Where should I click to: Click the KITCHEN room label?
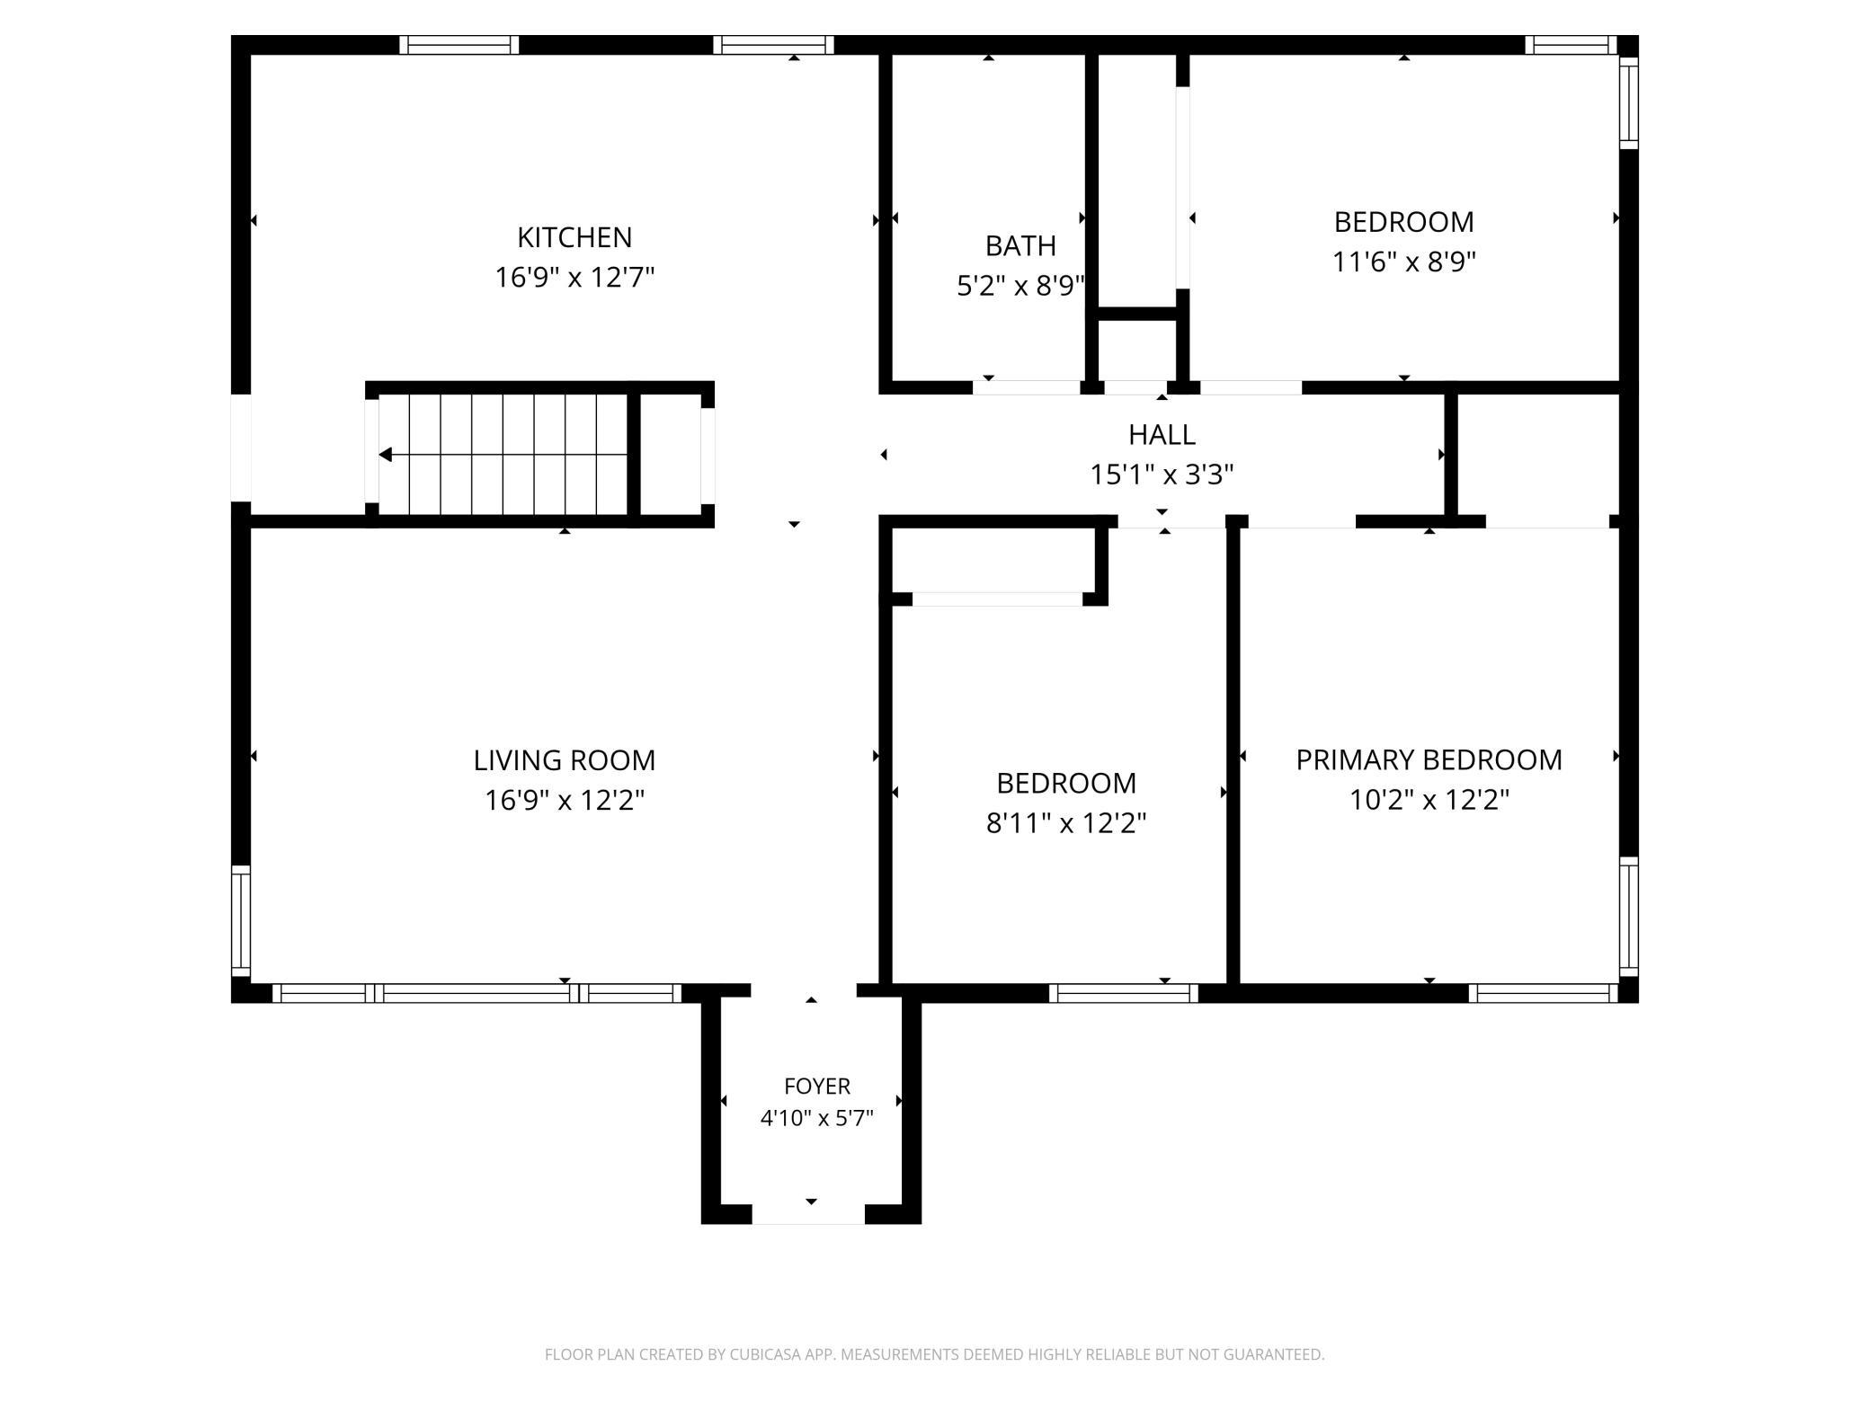[574, 237]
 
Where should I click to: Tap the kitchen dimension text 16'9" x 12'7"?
[574, 277]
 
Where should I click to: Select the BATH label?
[1020, 245]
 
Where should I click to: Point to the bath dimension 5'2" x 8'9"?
[1020, 286]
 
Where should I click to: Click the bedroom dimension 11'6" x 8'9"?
[1403, 262]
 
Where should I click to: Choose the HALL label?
[1162, 435]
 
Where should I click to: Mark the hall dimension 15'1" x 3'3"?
[1162, 474]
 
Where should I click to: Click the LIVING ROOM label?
[565, 760]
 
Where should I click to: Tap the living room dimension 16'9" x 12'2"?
[565, 800]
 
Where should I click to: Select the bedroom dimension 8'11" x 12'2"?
[1066, 822]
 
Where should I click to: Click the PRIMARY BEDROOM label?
[1429, 760]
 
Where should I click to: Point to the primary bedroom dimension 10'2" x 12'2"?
[1429, 799]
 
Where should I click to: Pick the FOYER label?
[817, 1087]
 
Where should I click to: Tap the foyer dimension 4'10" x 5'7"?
[817, 1119]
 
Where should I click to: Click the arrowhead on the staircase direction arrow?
[386, 455]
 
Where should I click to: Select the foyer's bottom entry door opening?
[808, 1215]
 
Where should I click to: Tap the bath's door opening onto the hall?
[1027, 387]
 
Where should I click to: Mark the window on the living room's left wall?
[241, 921]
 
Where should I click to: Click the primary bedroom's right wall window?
[1629, 916]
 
